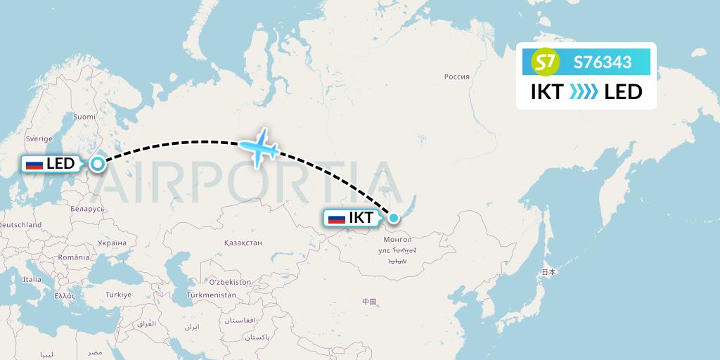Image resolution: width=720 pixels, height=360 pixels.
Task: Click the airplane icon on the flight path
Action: (x=259, y=147)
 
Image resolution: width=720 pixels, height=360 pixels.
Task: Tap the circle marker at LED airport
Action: (x=98, y=164)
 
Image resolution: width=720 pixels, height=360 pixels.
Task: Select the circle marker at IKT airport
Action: (x=393, y=218)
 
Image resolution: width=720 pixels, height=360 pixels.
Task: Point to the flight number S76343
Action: (x=603, y=63)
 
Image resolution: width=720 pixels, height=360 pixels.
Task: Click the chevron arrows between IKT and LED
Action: (x=584, y=91)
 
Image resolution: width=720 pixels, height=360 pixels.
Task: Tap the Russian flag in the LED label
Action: (x=34, y=165)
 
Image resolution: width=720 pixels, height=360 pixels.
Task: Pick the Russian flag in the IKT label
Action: (x=337, y=219)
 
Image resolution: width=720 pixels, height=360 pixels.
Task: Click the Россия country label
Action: (x=456, y=77)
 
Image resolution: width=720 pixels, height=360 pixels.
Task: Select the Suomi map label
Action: (x=84, y=117)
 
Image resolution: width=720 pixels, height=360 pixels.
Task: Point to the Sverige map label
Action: (x=39, y=139)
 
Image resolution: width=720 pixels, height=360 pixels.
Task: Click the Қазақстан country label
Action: (x=243, y=243)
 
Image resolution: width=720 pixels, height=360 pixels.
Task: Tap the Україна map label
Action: (x=112, y=243)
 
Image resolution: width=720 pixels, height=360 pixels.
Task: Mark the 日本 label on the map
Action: (x=548, y=272)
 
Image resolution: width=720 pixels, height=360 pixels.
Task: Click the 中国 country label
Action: (x=369, y=302)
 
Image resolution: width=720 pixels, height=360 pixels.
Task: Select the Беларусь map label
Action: (x=88, y=209)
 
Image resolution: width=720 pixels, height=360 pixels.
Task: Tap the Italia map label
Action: (x=32, y=279)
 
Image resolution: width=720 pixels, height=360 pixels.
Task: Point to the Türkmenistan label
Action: (x=212, y=295)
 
